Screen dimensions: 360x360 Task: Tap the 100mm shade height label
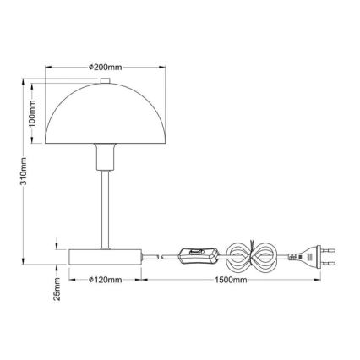[32, 110]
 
